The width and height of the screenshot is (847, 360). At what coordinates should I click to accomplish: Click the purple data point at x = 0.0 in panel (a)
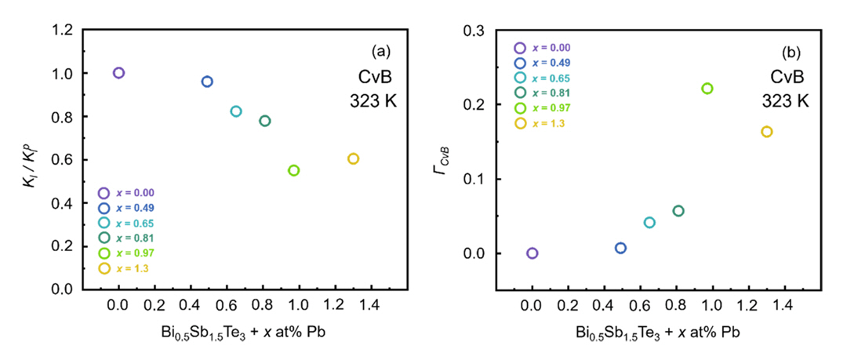118,73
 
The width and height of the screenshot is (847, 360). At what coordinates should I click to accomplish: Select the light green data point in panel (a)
294,170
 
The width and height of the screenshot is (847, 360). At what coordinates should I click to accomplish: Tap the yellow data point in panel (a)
353,158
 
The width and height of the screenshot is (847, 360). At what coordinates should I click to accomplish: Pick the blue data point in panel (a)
207,82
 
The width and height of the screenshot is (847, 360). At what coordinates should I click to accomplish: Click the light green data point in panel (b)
707,89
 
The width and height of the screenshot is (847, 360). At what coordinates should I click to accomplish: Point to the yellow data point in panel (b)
766,132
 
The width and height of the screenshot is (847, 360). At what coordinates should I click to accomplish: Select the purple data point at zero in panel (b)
533,253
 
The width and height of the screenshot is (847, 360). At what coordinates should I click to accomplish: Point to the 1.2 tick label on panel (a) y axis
63,31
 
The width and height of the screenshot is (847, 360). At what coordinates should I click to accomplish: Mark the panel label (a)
380,53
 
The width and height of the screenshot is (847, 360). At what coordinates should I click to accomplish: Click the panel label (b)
791,53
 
